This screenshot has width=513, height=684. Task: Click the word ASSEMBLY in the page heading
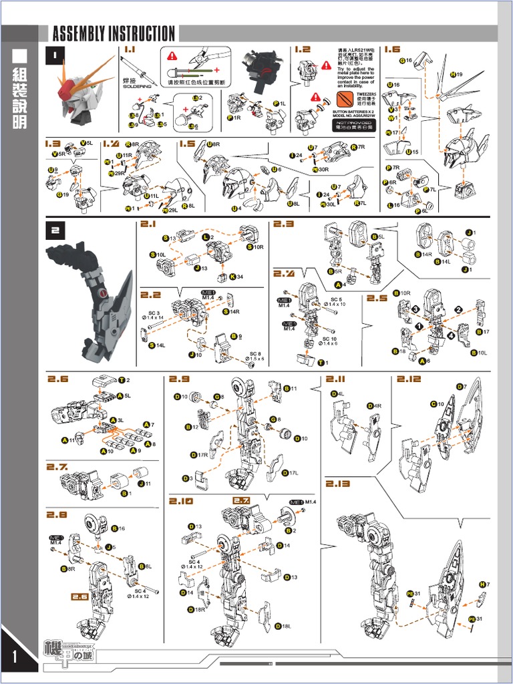[x=79, y=33]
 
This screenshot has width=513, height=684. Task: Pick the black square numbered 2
[x=55, y=230]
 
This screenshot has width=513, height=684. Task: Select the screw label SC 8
[x=256, y=355]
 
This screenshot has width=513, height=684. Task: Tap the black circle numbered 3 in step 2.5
[x=415, y=309]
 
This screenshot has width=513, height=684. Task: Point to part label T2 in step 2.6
[x=124, y=380]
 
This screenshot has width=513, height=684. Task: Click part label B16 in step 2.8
[x=118, y=528]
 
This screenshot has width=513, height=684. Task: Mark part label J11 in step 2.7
[x=144, y=483]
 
